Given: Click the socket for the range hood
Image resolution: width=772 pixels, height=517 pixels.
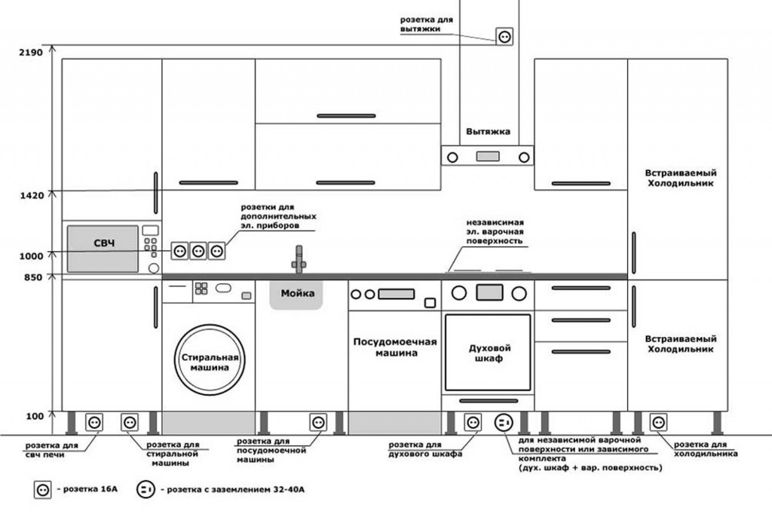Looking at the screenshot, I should (504, 36).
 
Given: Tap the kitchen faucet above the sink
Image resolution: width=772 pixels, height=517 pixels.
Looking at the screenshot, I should (299, 258).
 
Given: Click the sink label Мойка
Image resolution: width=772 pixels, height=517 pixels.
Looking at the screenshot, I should (297, 293).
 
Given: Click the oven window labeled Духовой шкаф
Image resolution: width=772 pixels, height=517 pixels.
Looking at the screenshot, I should (487, 353).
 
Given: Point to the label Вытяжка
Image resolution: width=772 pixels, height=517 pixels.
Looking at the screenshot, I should (487, 131).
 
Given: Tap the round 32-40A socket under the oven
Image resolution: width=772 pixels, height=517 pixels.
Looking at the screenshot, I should (504, 422).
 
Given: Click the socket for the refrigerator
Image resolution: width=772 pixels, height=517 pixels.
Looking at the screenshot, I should (658, 422).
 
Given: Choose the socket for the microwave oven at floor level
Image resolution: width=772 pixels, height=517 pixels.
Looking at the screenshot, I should (94, 422).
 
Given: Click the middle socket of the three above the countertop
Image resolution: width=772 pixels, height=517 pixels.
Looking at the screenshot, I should (198, 251).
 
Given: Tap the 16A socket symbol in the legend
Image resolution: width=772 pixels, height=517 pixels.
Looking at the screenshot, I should (42, 490).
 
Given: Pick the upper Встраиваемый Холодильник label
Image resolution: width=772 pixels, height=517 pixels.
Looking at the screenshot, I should (680, 177).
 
